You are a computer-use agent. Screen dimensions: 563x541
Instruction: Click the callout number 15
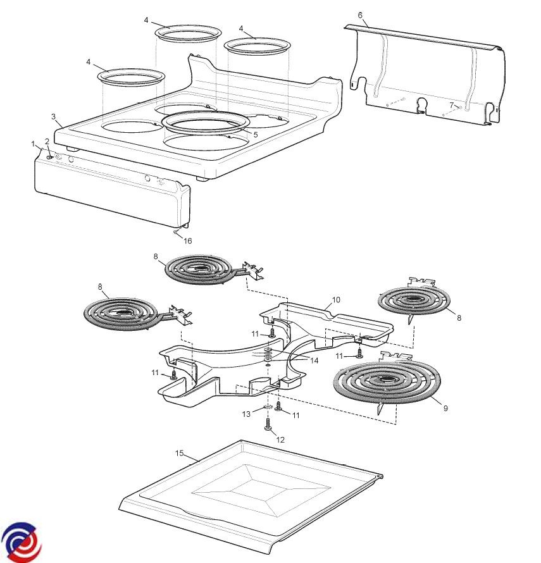pos(179,453)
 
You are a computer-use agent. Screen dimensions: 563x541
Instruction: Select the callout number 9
pos(445,409)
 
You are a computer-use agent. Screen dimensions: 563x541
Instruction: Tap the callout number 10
pos(336,299)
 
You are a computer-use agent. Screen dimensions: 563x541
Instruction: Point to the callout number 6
pos(360,15)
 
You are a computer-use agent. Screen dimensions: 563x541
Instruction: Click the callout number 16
pos(187,240)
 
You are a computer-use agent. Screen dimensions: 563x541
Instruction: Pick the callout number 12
pos(281,439)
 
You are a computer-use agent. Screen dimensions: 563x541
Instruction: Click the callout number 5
pos(255,135)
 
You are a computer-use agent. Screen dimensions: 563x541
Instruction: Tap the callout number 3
pos(54,116)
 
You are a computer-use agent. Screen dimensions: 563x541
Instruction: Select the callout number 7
pos(452,104)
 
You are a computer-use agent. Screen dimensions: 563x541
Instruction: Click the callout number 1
pos(33,144)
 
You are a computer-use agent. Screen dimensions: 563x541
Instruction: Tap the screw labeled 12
pos(268,425)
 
